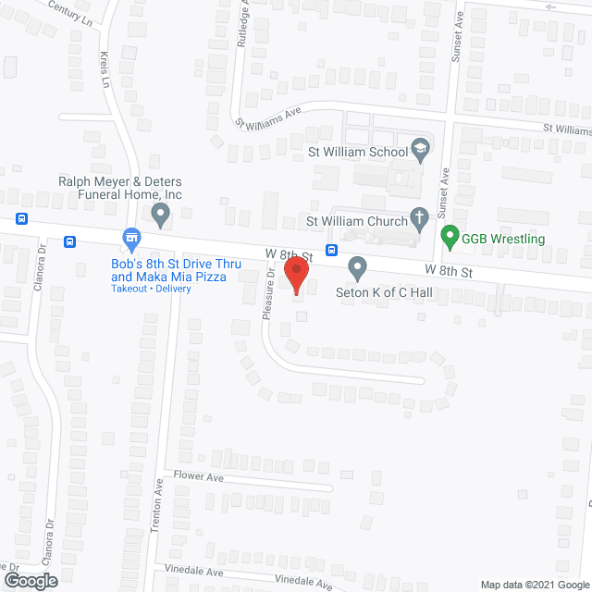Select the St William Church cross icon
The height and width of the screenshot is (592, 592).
(420, 220)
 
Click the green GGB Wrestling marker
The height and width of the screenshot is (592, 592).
(450, 238)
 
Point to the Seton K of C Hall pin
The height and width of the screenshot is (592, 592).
(358, 269)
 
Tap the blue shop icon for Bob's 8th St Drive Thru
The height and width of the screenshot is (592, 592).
(132, 240)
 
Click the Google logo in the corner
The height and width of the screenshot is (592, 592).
(30, 580)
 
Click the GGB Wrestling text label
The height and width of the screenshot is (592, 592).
(504, 239)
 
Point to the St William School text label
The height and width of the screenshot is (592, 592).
(358, 152)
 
